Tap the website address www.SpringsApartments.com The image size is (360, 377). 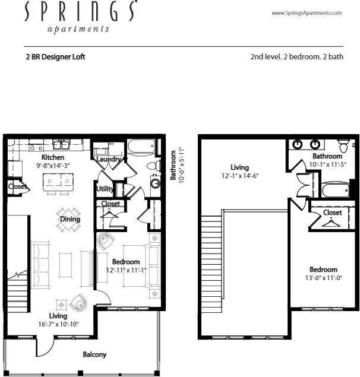tap(307, 13)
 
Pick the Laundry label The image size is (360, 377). tap(109, 159)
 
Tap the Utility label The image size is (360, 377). tap(105, 189)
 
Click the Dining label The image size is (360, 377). tap(70, 219)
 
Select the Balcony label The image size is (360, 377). tap(94, 354)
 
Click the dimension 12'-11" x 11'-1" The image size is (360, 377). tap(125, 270)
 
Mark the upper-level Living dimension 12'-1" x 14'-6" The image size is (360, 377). tap(240, 176)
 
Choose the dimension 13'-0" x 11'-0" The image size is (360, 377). tap(323, 278)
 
